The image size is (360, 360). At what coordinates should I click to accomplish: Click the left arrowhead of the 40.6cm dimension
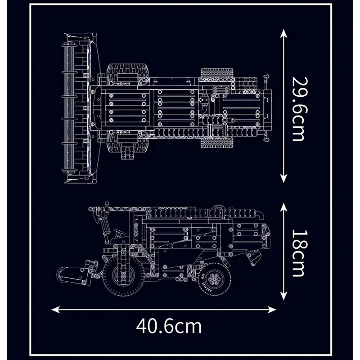pos(54,309)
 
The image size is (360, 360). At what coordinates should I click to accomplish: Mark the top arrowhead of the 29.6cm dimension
pos(283,32)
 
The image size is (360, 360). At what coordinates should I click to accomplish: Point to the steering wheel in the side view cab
pos(118,233)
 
